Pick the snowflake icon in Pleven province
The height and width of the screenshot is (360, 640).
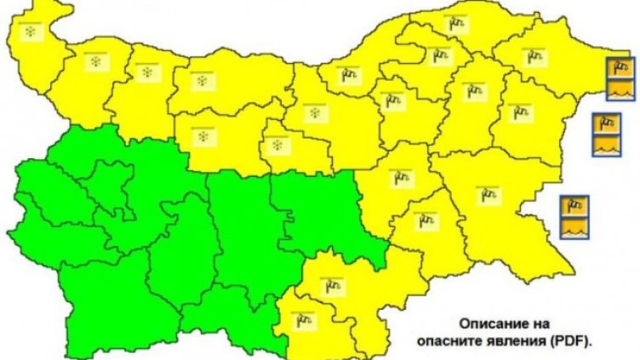[x=203, y=82]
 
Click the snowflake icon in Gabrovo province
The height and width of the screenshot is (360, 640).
[x=276, y=146]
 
